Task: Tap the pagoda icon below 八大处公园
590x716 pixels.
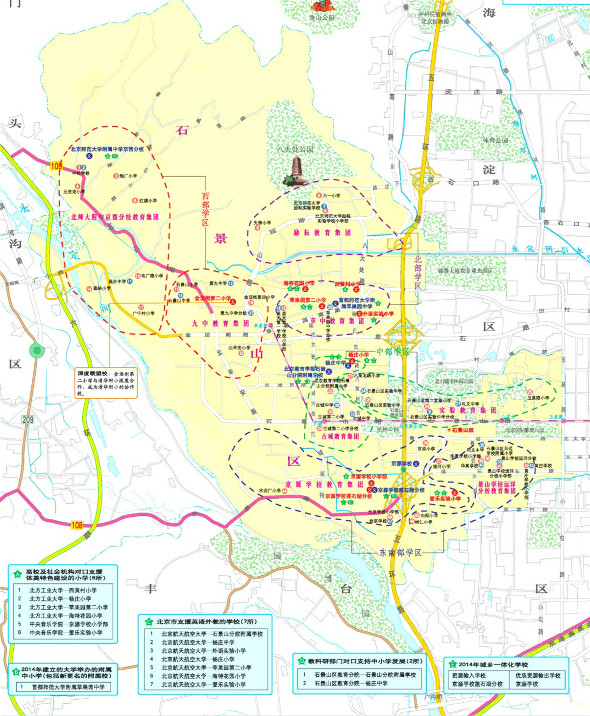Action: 297,173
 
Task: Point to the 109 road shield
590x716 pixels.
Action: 55,167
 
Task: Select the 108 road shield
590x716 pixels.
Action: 77,525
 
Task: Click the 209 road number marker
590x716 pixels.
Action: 28,419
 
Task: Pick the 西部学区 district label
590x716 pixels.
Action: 205,209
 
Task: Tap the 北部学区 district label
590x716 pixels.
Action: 418,272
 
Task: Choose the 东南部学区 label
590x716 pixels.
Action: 400,553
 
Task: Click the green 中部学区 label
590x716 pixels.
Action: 393,352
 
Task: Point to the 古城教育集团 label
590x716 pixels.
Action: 340,436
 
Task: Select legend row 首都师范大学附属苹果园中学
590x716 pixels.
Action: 68,687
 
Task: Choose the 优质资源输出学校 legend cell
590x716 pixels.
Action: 538,675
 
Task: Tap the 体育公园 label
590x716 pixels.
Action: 495,140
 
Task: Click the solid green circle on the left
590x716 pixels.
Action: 36,350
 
